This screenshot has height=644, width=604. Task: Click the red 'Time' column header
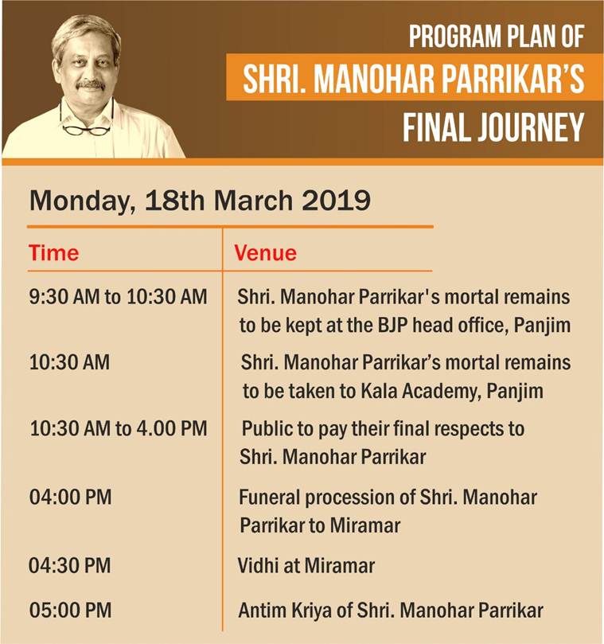point(54,252)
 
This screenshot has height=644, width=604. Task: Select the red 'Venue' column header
point(265,252)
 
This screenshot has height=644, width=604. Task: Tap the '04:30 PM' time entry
point(70,565)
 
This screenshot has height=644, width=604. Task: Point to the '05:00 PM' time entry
point(70,610)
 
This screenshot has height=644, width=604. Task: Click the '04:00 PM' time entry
point(70,497)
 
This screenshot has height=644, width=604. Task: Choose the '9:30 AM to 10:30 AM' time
point(119,297)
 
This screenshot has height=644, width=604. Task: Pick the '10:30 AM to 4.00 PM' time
point(119,428)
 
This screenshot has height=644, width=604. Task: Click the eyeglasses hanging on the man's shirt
point(87,128)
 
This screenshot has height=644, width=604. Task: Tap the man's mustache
point(91,84)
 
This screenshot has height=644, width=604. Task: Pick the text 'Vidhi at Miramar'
point(306,565)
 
